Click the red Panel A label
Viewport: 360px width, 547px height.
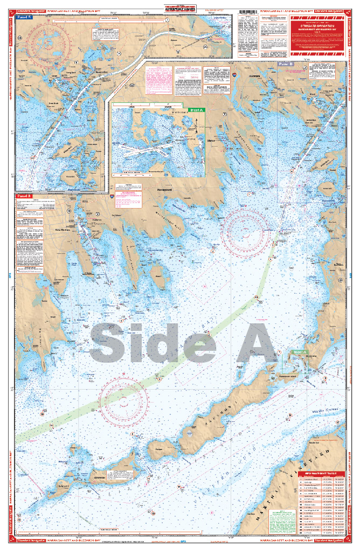pyautogui.click(x=24, y=196)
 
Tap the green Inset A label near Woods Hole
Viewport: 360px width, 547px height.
pyautogui.click(x=300, y=352)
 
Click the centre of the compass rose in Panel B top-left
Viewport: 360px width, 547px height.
pyautogui.click(x=49, y=39)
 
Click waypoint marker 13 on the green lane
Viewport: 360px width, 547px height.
pyautogui.click(x=257, y=297)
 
